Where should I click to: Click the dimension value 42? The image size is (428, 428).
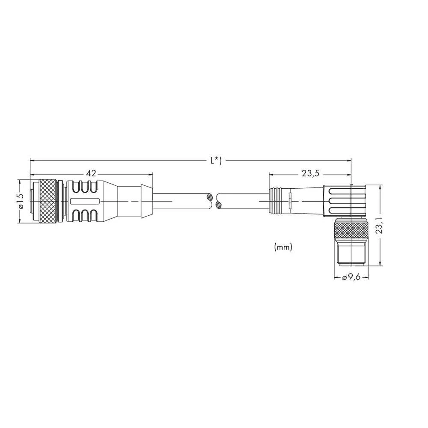[x=91, y=174]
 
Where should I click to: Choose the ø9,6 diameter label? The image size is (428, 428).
[x=351, y=277]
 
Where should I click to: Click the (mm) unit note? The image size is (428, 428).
[x=282, y=247]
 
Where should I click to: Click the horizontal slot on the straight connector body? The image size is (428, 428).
[x=85, y=201]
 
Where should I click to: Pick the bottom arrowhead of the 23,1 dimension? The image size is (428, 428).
[x=380, y=263]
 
